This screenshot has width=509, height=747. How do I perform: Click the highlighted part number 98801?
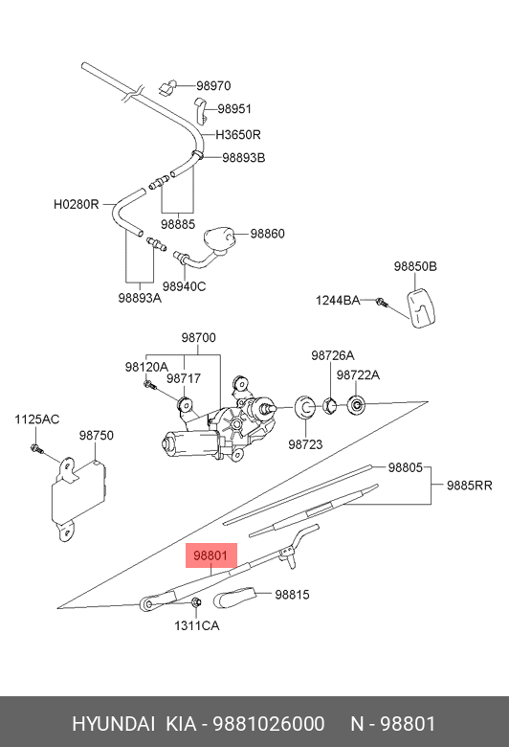(x=210, y=555)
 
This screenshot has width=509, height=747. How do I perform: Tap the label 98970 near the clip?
(x=213, y=86)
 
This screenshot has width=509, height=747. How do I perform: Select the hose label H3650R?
(x=238, y=135)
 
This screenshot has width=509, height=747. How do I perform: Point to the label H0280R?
(x=77, y=204)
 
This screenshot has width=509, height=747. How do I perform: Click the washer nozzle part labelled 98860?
(x=220, y=241)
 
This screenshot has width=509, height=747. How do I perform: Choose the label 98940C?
(x=184, y=286)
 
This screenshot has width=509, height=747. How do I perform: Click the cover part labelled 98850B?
(x=421, y=307)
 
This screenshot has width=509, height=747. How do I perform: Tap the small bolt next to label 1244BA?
(x=382, y=302)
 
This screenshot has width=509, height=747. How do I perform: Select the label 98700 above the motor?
(x=199, y=338)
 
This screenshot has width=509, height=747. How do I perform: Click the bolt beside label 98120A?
(x=150, y=384)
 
